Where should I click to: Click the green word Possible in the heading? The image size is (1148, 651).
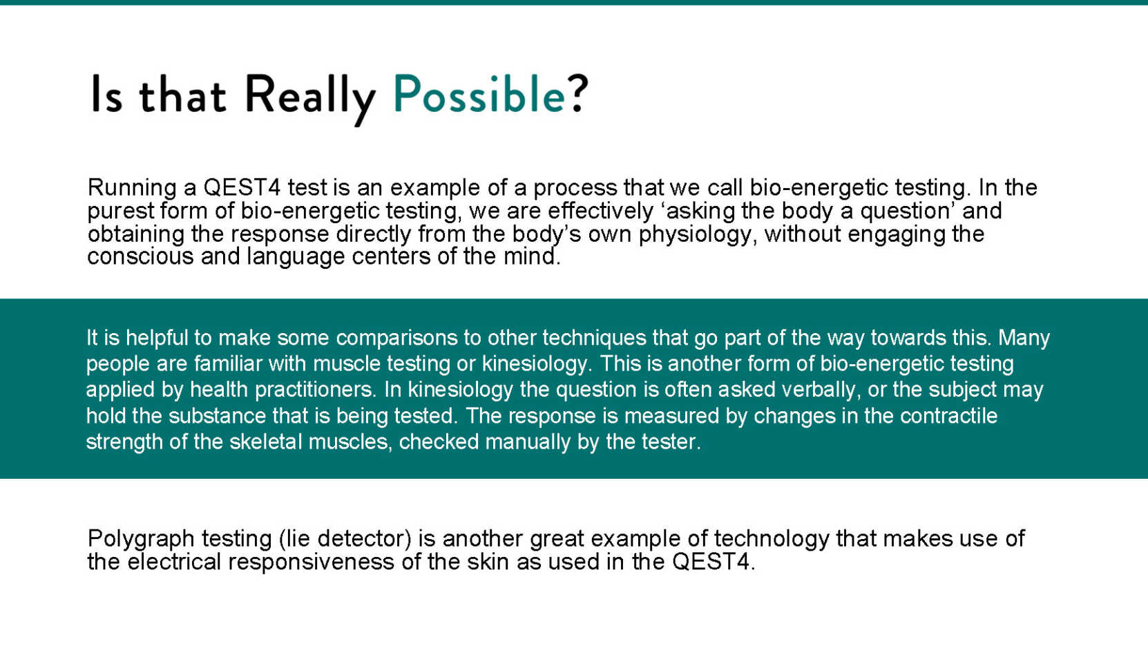click(479, 94)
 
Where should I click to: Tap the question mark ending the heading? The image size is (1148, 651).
click(577, 93)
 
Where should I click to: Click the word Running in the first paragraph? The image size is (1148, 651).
click(132, 188)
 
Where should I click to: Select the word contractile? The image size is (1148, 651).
click(948, 416)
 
